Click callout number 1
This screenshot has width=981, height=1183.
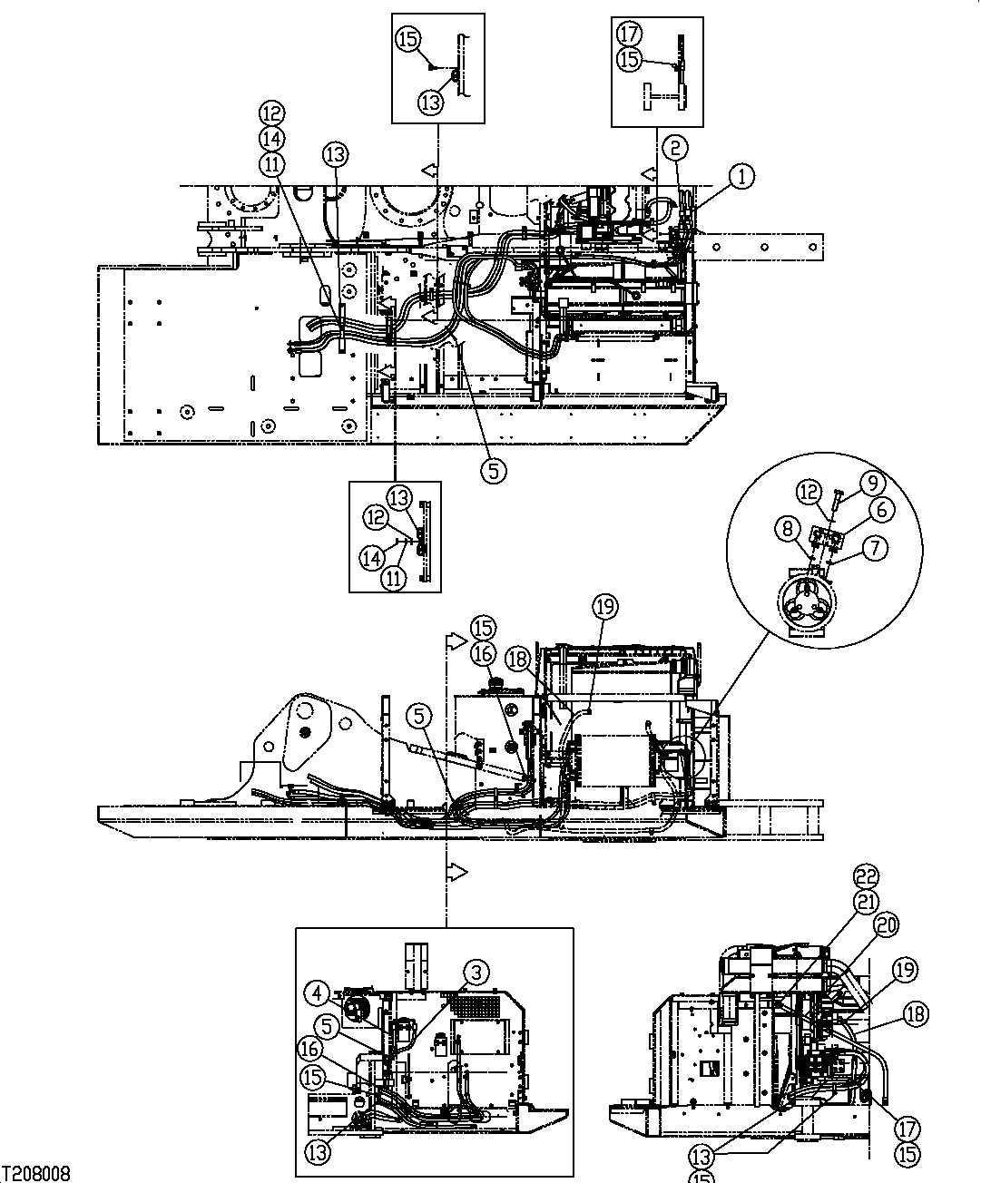[x=741, y=177]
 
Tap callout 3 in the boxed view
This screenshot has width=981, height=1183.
[x=477, y=973]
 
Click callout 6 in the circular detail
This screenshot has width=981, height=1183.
[x=879, y=510]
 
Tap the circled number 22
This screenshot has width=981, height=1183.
[x=868, y=876]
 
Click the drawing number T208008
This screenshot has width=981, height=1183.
[x=36, y=1174]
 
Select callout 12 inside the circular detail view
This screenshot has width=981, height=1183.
[x=809, y=492]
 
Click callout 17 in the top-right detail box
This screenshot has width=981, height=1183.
[x=628, y=34]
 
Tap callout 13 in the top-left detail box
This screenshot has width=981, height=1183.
[x=432, y=102]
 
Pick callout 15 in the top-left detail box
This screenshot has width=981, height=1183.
[x=407, y=38]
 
